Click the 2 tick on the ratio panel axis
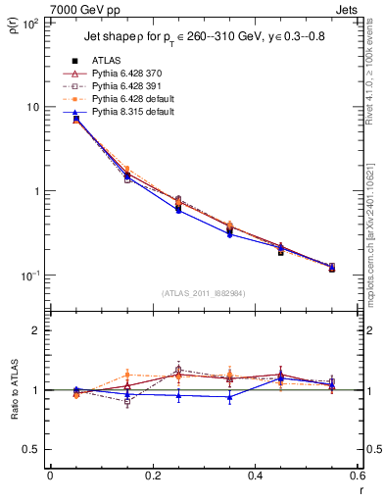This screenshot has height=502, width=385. pos(36,330)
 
